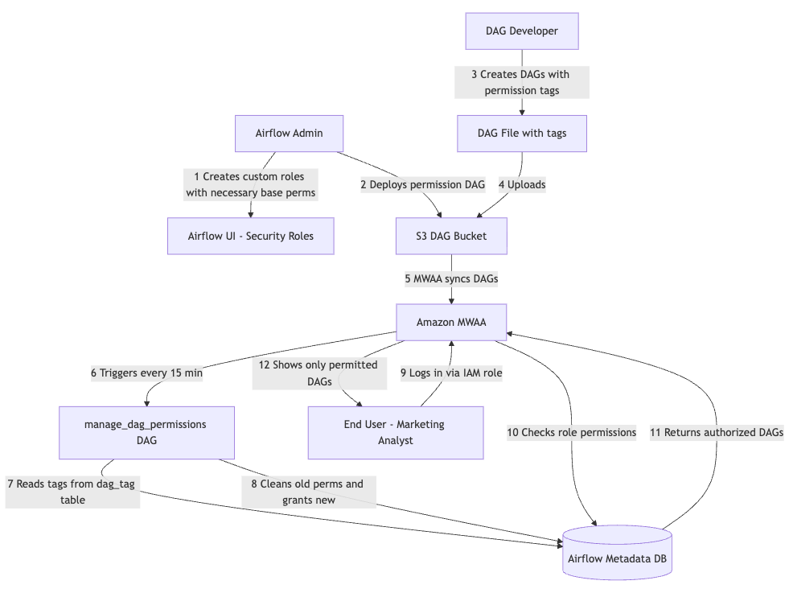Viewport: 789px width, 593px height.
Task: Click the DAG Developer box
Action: [522, 31]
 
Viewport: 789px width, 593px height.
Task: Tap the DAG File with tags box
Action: [522, 134]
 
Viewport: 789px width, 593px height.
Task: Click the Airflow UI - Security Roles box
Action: [250, 237]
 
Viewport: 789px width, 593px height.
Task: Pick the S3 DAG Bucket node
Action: [451, 237]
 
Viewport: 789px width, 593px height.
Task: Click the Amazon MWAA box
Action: [451, 323]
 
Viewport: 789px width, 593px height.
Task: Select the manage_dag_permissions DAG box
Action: [146, 432]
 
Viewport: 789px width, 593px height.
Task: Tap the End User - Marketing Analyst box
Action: [395, 432]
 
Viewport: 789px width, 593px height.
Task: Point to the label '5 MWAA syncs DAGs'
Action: [451, 279]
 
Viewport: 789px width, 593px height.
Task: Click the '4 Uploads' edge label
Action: [522, 185]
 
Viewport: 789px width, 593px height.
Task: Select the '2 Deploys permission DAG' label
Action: [422, 185]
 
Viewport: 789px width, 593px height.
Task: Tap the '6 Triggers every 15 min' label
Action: [146, 373]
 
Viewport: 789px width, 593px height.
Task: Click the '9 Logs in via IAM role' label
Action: [450, 373]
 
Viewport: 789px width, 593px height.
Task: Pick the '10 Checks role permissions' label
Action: [572, 433]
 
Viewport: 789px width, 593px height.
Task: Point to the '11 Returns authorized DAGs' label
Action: [716, 433]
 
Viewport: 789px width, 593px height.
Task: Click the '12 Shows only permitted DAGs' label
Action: [318, 373]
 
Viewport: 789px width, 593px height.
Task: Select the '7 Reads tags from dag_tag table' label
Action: [72, 492]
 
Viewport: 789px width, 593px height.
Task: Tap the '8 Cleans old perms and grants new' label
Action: [308, 492]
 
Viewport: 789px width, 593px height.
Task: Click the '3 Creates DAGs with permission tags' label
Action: [521, 82]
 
